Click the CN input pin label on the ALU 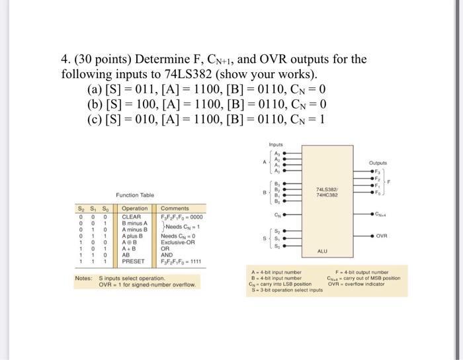click(x=278, y=214)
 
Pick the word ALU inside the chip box click(x=322, y=251)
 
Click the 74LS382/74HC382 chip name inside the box click(x=327, y=193)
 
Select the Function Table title click(x=134, y=195)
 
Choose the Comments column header click(x=175, y=208)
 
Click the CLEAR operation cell click(x=132, y=216)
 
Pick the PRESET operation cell click(x=134, y=261)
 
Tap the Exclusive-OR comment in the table click(x=178, y=242)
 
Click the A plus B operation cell click(x=133, y=236)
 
